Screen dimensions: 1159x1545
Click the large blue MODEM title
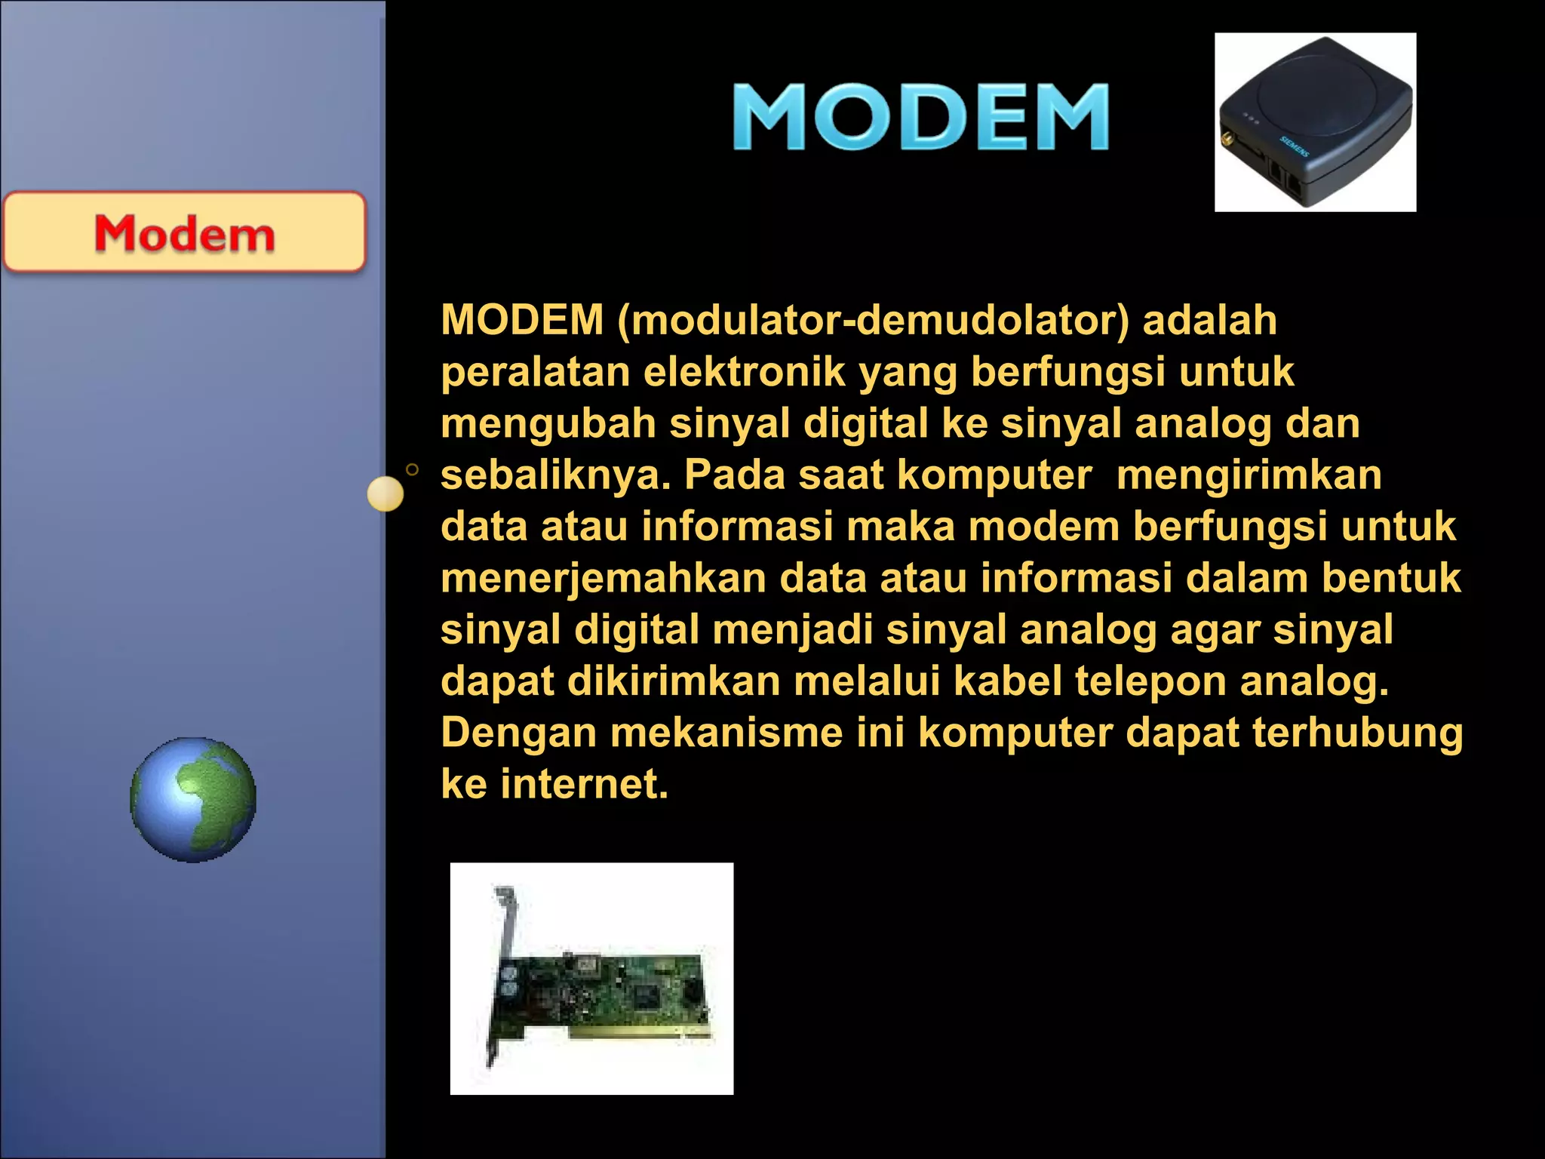click(920, 117)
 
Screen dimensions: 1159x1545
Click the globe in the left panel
click(193, 800)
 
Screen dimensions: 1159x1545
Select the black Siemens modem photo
click(1315, 122)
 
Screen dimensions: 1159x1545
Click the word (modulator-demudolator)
click(873, 320)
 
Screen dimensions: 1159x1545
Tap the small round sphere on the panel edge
click(385, 494)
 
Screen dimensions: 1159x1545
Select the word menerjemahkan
click(603, 578)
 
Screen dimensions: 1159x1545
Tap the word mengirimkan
click(1249, 475)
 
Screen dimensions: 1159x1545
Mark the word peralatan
click(535, 372)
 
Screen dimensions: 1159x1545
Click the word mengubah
click(548, 423)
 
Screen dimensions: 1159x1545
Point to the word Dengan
click(518, 733)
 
